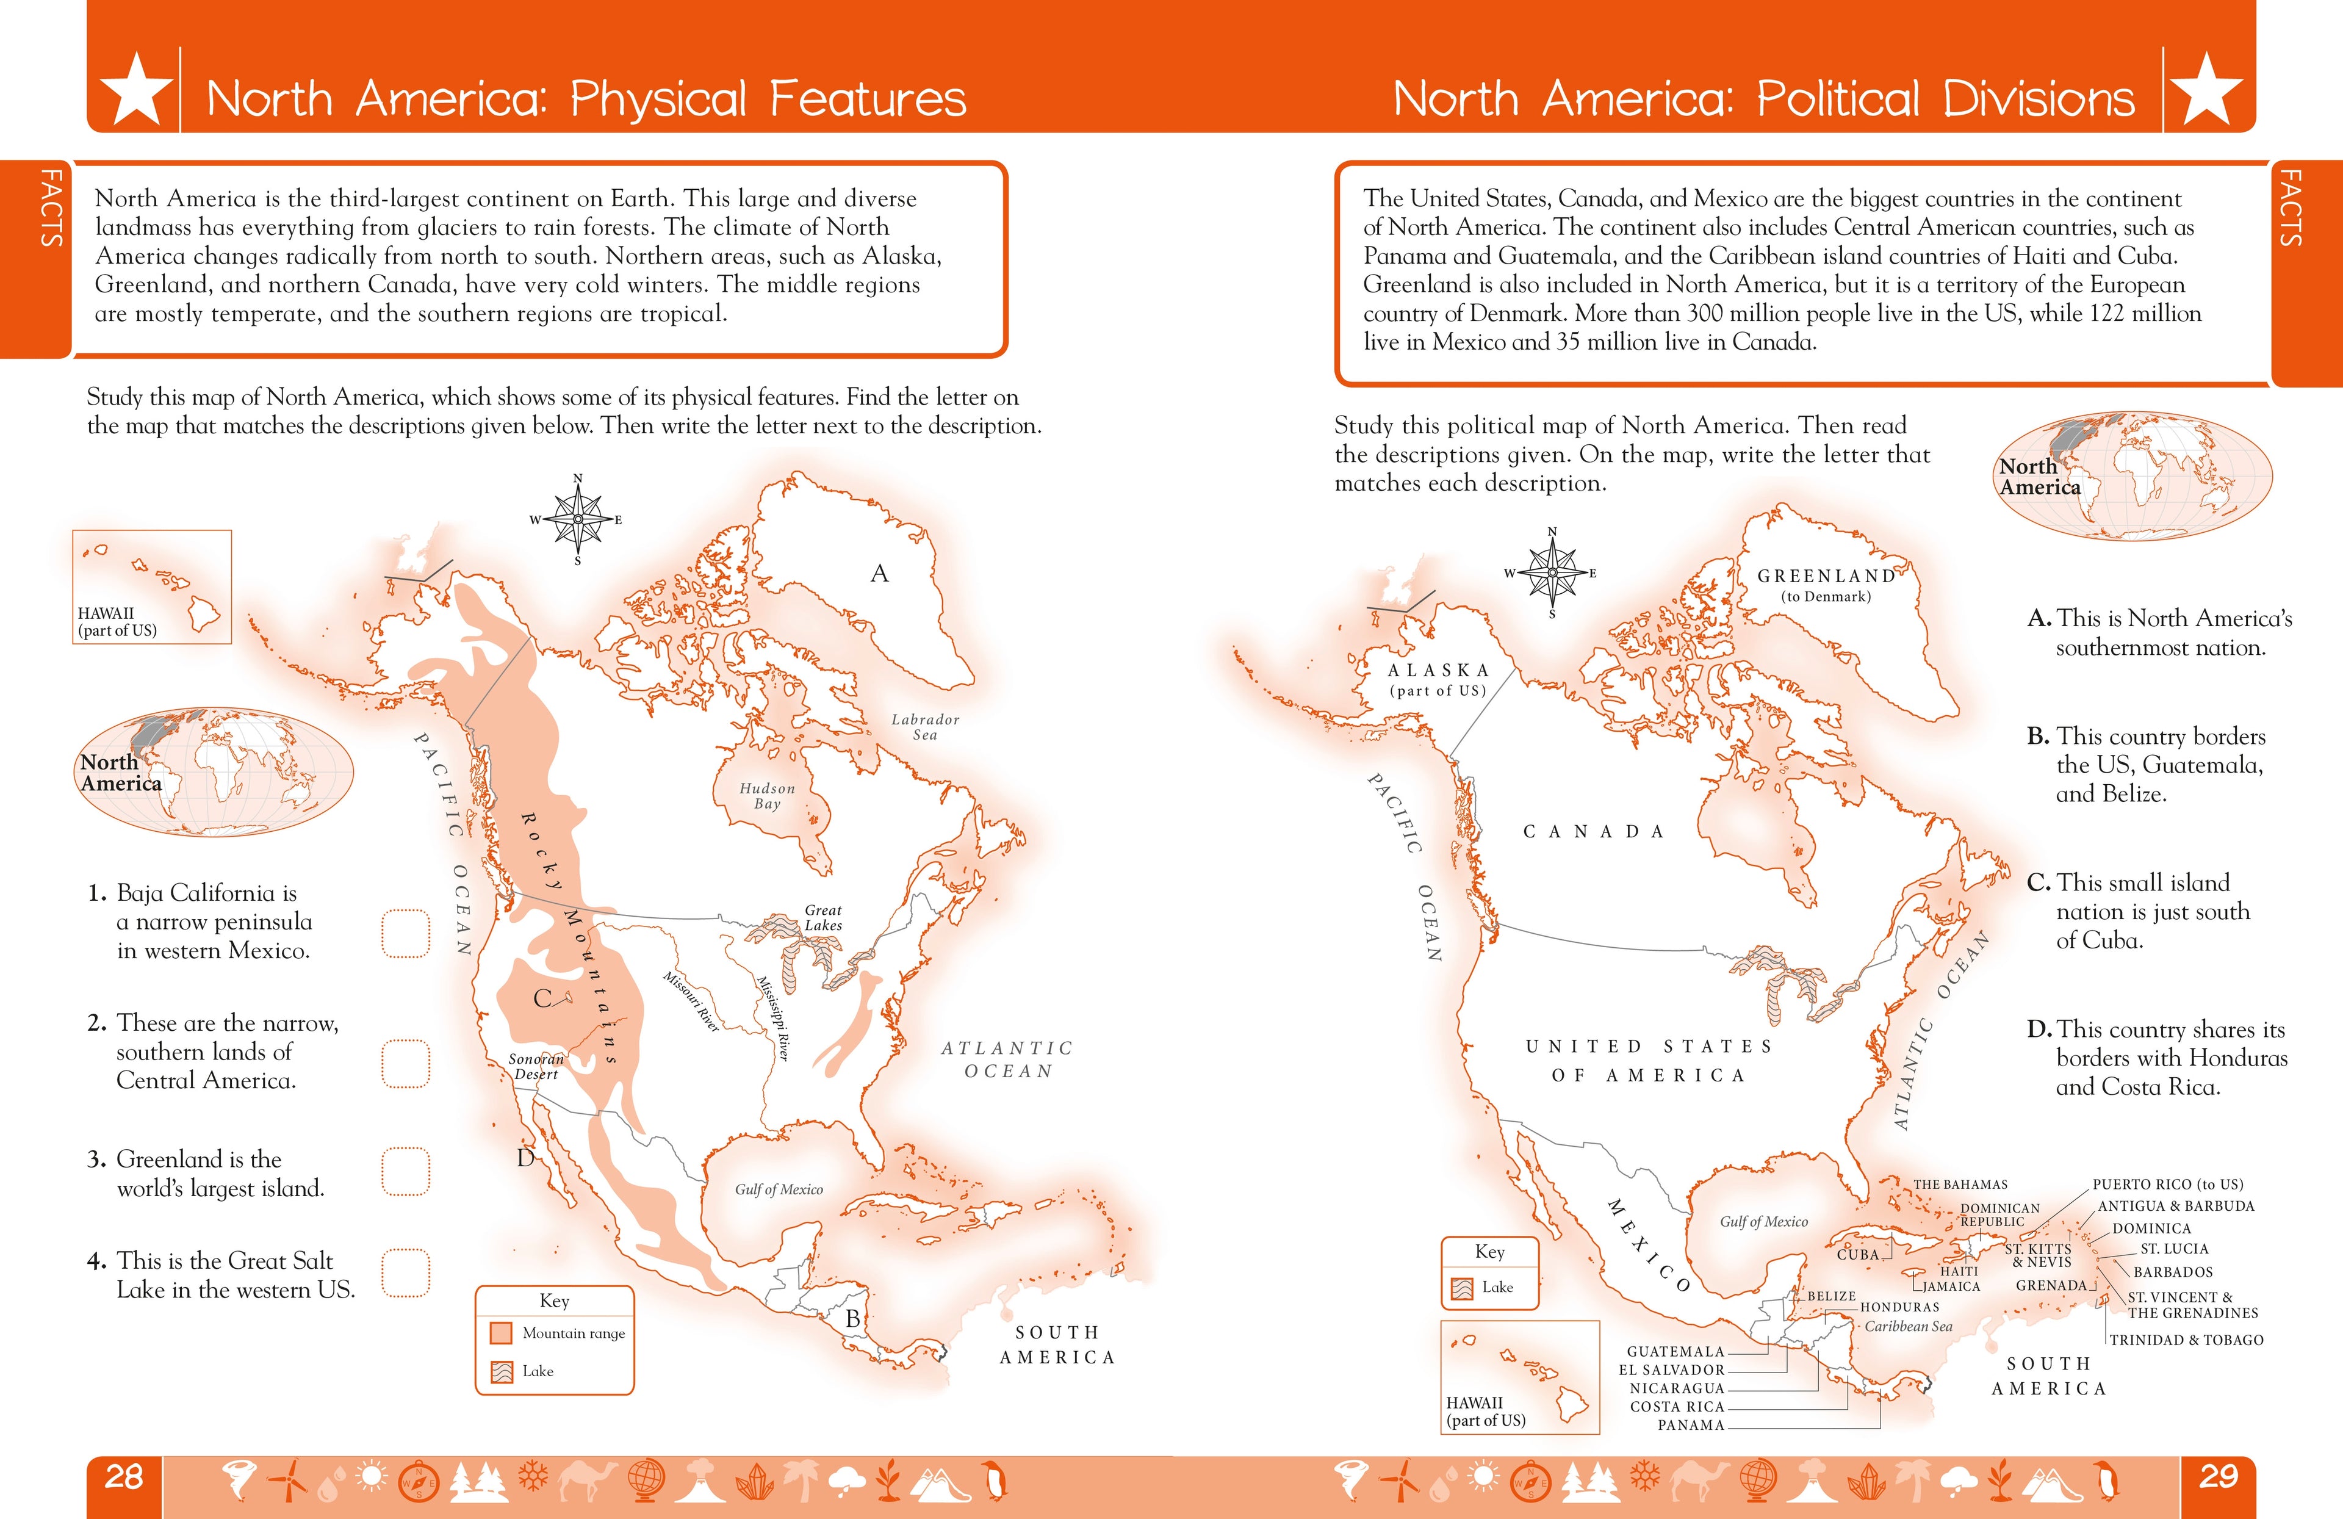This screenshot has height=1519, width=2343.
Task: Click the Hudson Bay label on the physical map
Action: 767,795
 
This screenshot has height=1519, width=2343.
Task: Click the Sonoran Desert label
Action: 536,1066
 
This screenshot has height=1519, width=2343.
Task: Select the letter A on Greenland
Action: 879,574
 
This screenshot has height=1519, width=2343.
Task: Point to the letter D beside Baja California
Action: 526,1158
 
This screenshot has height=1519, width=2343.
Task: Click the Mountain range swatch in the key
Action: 501,1333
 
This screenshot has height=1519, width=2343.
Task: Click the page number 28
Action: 124,1477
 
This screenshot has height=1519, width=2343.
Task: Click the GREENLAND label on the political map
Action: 1826,576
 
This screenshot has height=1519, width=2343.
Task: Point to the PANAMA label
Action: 1690,1424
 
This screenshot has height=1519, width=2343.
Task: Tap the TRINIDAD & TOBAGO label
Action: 2186,1340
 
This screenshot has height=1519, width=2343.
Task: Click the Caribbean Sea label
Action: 1908,1326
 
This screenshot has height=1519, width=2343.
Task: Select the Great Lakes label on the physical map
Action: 823,917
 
